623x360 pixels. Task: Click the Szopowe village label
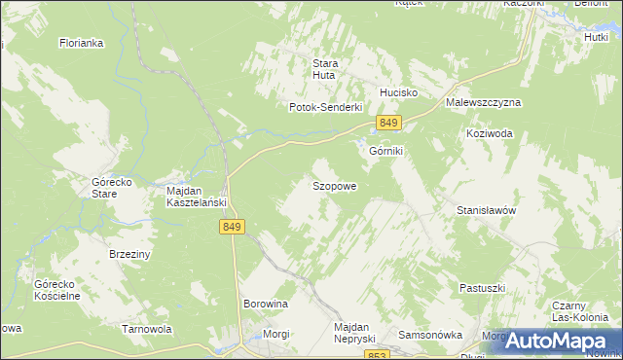click(334, 185)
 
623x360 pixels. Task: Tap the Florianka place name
click(81, 43)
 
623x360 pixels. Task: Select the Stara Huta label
click(324, 70)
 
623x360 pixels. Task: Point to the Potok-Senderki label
click(325, 107)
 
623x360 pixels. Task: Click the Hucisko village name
click(398, 92)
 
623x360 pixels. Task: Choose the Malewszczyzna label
click(484, 102)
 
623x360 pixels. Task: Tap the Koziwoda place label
click(489, 134)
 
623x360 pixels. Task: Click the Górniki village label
click(385, 152)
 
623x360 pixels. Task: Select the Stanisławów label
click(485, 209)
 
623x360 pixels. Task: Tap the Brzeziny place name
click(128, 253)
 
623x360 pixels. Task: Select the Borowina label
click(266, 304)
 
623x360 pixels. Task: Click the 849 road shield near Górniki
click(388, 123)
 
